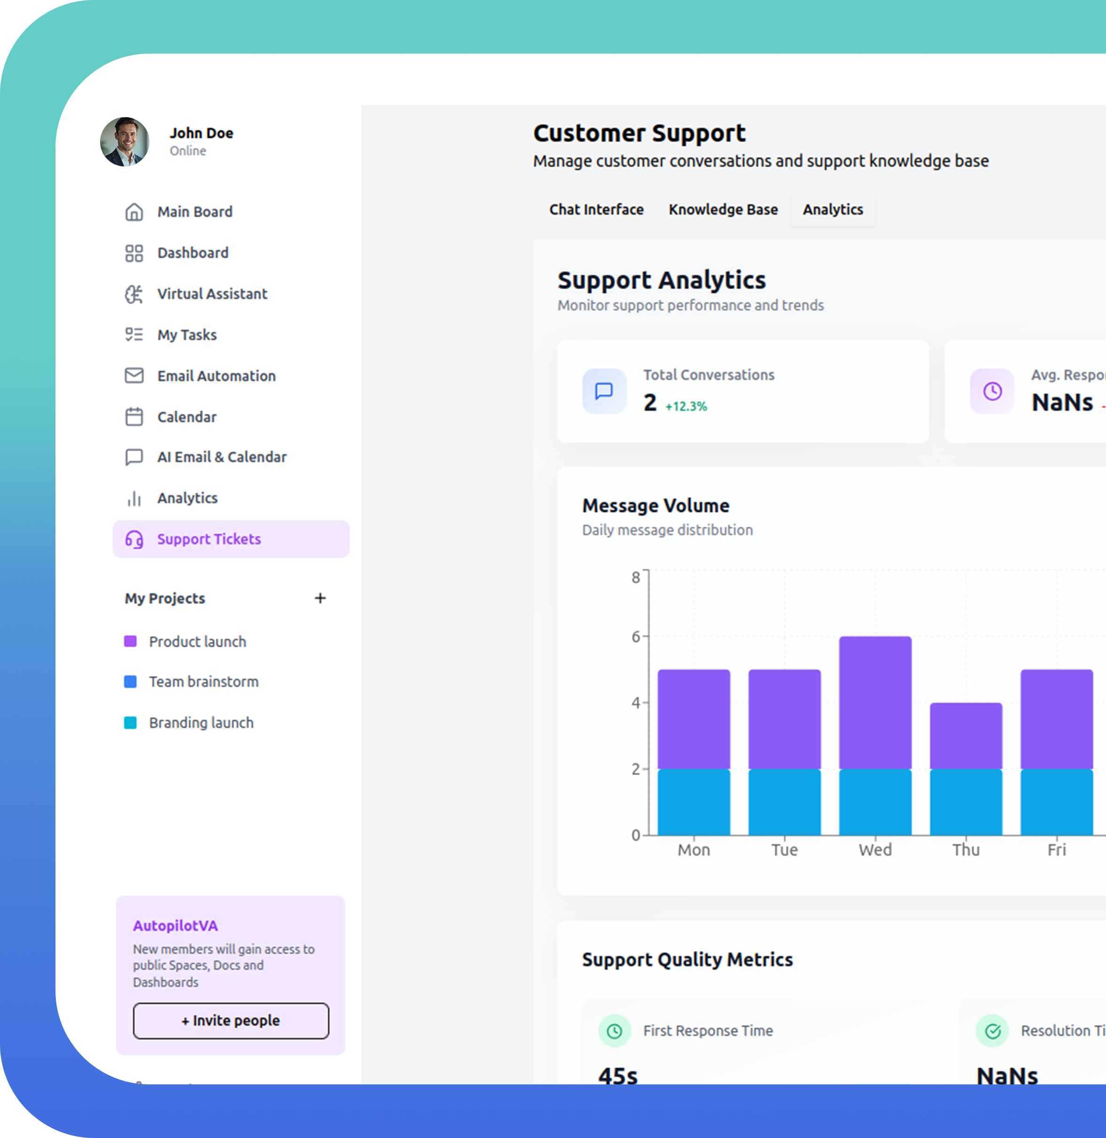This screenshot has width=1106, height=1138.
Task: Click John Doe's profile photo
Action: click(x=124, y=142)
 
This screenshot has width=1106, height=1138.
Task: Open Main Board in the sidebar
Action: click(x=194, y=212)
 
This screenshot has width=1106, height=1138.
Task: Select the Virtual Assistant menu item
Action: click(x=212, y=294)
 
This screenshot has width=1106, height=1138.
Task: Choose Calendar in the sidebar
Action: click(x=187, y=417)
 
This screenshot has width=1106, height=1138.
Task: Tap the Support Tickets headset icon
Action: click(x=134, y=539)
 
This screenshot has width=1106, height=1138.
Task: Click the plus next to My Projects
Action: click(x=320, y=598)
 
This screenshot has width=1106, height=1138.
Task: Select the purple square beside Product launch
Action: click(x=131, y=641)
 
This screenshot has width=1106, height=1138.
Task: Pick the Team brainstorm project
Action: click(x=204, y=682)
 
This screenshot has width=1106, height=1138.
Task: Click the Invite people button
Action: click(x=231, y=1020)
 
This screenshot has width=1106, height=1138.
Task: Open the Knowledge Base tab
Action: click(x=722, y=210)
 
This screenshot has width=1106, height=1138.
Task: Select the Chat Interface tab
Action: click(x=596, y=210)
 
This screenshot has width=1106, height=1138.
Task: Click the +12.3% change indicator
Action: click(x=686, y=406)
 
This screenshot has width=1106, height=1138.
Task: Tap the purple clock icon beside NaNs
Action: click(x=992, y=391)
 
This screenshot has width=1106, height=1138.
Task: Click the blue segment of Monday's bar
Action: click(x=694, y=802)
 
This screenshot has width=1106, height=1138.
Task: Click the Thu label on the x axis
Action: click(x=965, y=850)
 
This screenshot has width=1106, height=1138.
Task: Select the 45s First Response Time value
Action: click(x=618, y=1075)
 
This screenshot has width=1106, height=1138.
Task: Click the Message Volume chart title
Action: click(x=655, y=506)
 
